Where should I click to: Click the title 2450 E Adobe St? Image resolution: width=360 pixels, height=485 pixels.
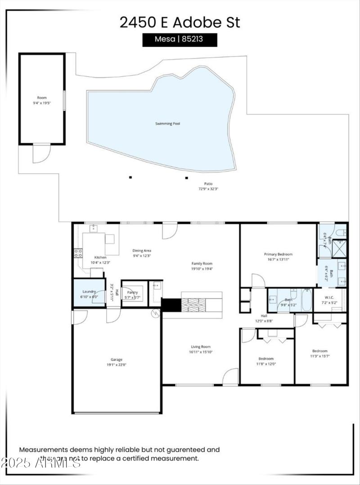coord(180,22)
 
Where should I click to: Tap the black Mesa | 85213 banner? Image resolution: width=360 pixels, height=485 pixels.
coord(180,39)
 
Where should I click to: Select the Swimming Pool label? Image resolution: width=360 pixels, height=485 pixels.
coord(167,123)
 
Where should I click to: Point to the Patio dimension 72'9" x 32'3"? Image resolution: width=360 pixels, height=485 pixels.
coord(208,189)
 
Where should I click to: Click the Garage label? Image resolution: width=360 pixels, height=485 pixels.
coord(117,359)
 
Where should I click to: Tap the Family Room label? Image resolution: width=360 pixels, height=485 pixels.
coord(202,264)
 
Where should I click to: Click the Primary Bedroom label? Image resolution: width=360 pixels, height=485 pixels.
coord(278,254)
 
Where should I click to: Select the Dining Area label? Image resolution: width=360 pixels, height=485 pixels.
coord(141,251)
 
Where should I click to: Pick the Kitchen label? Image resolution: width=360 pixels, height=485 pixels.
coord(100,257)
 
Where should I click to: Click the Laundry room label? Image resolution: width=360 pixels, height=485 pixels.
coord(89,292)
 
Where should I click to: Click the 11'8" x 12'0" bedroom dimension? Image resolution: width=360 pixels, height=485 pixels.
coord(266,364)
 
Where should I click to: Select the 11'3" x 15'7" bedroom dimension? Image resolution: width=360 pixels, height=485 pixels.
coord(320,356)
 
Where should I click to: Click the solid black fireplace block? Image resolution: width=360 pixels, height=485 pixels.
coord(171,305)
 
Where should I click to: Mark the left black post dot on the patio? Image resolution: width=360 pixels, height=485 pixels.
coord(130,177)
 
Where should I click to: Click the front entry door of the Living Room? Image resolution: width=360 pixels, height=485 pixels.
coord(231,377)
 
